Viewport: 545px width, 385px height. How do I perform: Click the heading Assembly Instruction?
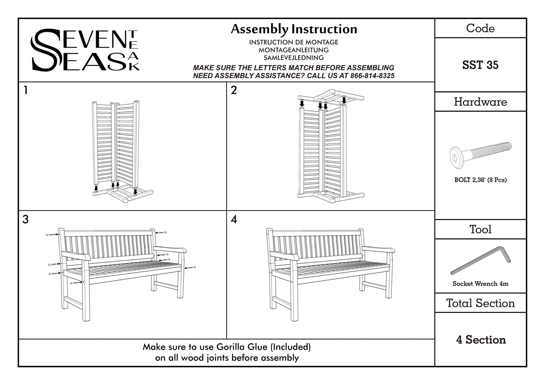(294, 29)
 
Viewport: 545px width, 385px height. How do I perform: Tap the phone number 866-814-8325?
(372, 76)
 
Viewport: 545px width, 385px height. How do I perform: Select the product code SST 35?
(480, 65)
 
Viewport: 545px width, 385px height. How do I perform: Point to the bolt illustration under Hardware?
(480, 156)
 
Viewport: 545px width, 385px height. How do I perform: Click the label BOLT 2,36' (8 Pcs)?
(480, 180)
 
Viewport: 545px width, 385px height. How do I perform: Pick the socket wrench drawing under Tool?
(480, 260)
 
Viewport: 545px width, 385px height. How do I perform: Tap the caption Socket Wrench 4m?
(480, 284)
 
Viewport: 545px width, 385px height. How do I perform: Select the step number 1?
(26, 90)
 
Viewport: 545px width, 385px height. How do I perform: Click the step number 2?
(234, 90)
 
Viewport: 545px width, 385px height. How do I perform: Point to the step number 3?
(26, 220)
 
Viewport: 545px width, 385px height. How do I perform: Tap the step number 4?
(234, 220)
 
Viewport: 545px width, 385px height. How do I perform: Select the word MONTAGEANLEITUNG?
(294, 50)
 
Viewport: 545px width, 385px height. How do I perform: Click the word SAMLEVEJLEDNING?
(294, 58)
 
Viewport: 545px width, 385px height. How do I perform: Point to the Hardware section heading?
(480, 102)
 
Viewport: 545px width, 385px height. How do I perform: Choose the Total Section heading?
(480, 303)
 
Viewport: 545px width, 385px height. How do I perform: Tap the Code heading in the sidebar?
(480, 28)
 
